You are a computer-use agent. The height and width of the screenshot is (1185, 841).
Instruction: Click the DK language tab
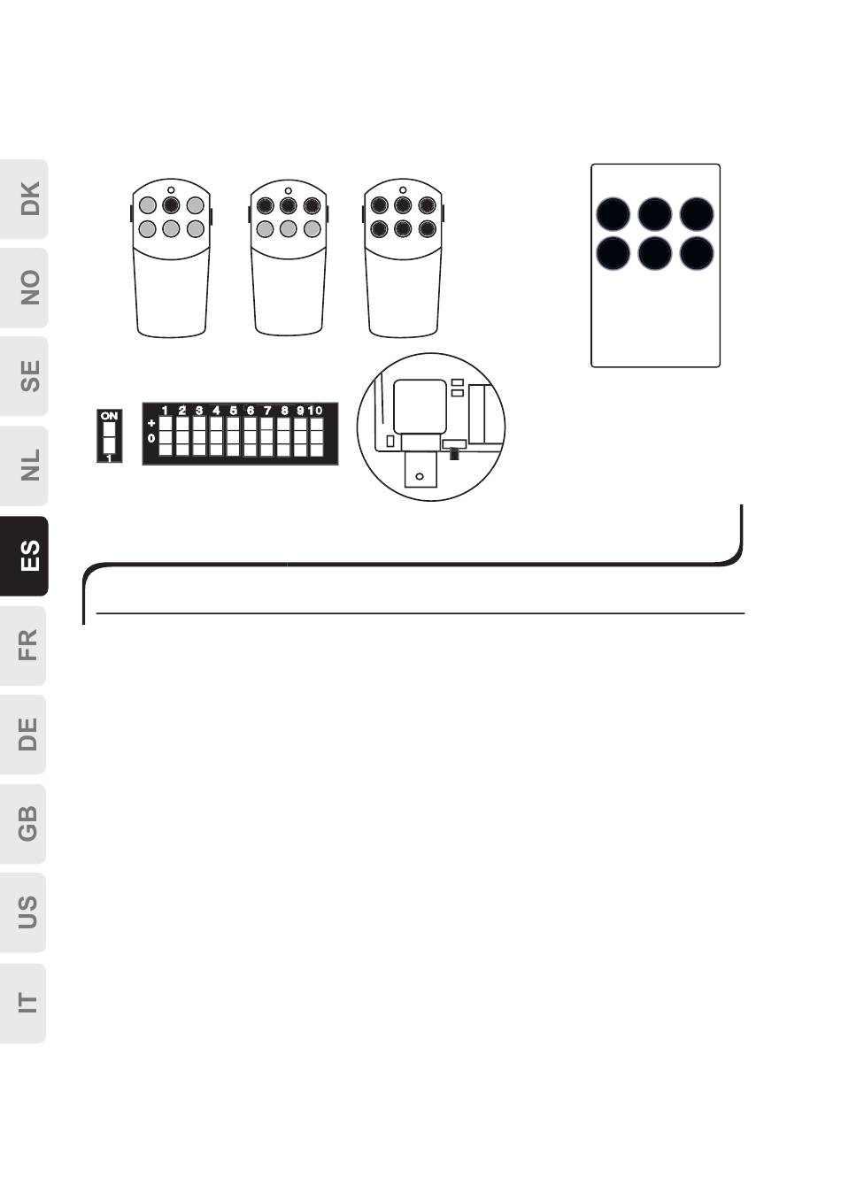coord(23,199)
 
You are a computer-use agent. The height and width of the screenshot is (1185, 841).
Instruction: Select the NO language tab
coord(23,288)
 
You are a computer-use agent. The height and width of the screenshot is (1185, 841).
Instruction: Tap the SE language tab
coord(23,376)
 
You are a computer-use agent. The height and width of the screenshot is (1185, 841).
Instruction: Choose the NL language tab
coord(23,466)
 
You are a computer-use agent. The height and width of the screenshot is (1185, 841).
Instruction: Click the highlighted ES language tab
coord(24,556)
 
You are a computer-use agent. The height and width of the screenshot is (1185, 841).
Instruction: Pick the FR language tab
coord(23,645)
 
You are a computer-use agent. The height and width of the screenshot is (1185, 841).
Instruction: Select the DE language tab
coord(23,735)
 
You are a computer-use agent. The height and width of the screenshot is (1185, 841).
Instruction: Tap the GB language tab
coord(23,824)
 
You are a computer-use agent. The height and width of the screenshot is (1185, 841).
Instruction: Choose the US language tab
coord(23,912)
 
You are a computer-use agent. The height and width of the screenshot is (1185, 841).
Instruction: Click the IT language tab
coord(23,1003)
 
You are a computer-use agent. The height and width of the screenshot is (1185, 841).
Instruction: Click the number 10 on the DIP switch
coord(315,411)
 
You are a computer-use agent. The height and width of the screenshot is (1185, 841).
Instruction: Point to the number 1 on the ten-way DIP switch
coord(166,411)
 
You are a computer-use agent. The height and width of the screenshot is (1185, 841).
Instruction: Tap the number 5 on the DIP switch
coord(233,411)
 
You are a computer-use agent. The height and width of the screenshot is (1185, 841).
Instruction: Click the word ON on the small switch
coord(109,416)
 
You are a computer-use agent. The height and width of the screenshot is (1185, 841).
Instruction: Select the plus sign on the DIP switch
coord(151,423)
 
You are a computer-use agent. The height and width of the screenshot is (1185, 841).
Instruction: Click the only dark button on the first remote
coord(171,204)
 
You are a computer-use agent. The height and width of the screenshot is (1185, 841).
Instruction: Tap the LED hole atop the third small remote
coord(403,190)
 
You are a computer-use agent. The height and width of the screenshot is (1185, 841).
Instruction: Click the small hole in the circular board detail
coord(420,477)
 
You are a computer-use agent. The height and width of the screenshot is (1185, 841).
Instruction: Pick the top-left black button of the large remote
coord(613,214)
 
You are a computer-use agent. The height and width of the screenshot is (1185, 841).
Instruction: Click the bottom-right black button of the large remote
coord(697,253)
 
